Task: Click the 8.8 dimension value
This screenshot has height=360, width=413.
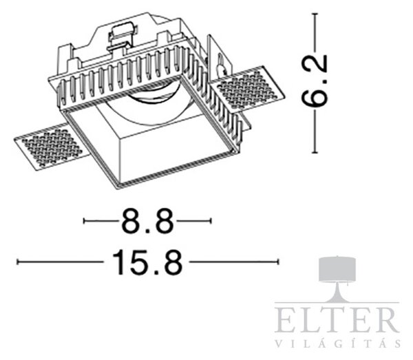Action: [x=147, y=221]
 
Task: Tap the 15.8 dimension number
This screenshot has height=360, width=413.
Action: [x=147, y=262]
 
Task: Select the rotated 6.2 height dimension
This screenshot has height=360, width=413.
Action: [x=315, y=81]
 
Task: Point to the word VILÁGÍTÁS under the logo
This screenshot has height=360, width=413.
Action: [x=338, y=343]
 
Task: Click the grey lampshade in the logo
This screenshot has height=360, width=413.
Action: [x=337, y=269]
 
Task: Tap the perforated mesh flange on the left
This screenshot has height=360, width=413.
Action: [x=50, y=147]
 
